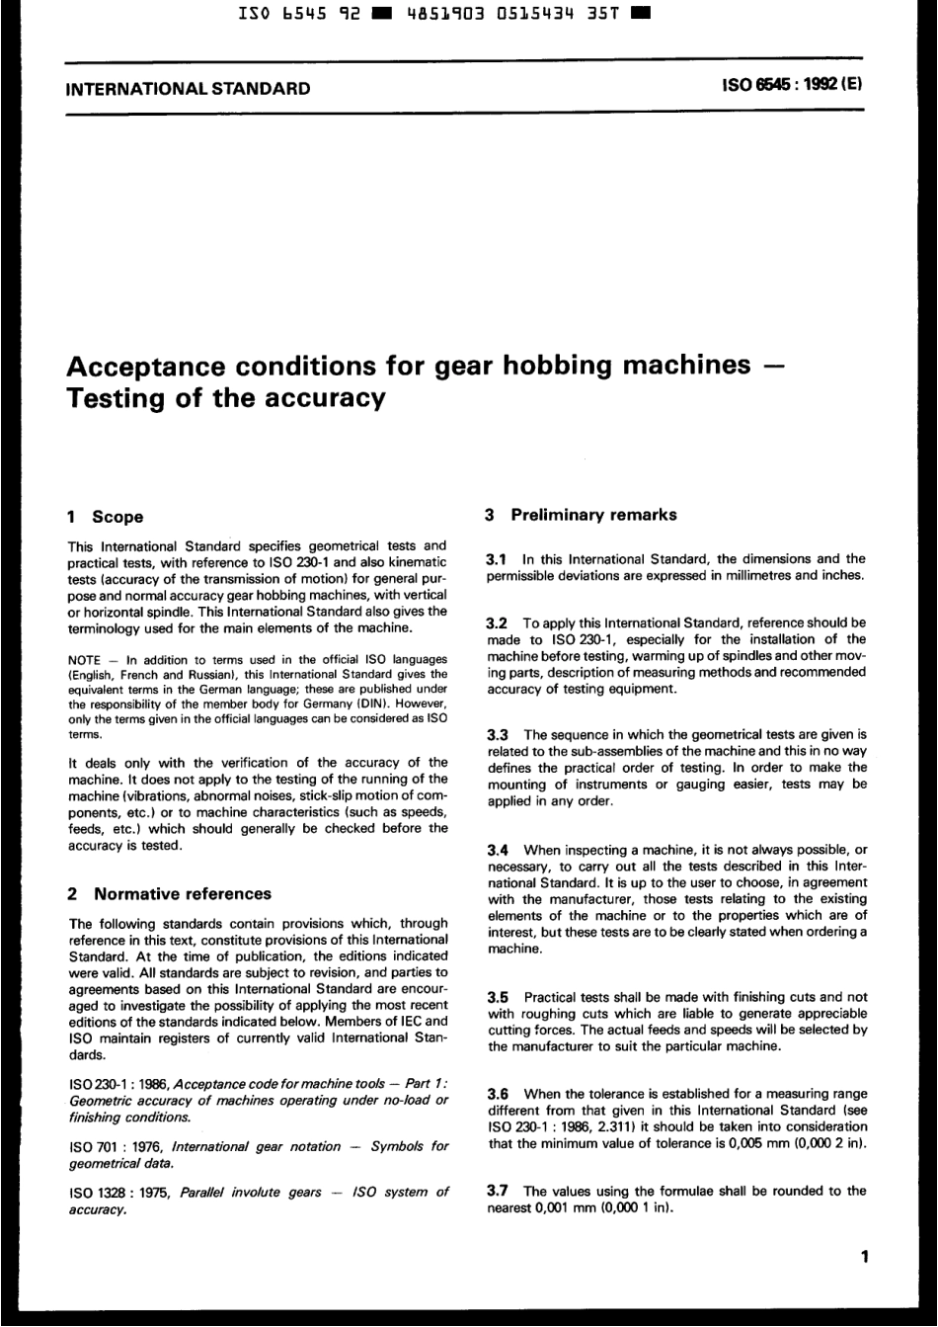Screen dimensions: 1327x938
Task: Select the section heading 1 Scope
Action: click(x=104, y=517)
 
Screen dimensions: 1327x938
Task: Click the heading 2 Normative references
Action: click(x=168, y=894)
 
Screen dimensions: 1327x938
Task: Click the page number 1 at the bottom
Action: click(x=864, y=1258)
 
